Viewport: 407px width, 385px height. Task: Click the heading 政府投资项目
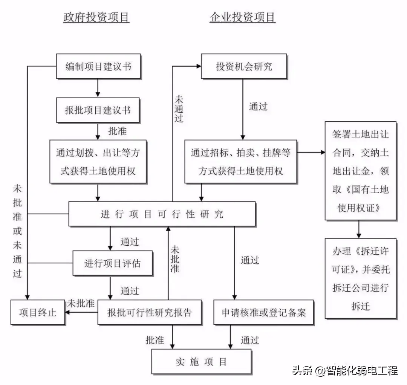(x=96, y=17)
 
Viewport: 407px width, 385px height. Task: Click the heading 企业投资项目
(x=242, y=17)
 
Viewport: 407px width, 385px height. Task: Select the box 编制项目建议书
(x=98, y=66)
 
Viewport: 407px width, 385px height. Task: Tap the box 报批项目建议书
(x=98, y=110)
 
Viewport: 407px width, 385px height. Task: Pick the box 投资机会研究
(x=244, y=66)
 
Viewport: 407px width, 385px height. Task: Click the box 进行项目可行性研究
(x=162, y=214)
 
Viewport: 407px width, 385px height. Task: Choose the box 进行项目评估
(x=112, y=263)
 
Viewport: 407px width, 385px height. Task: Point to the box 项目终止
(x=38, y=312)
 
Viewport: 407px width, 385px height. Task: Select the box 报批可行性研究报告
(x=150, y=312)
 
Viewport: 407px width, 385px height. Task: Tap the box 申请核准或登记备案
(x=263, y=312)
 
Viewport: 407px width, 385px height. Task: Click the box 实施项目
(x=201, y=362)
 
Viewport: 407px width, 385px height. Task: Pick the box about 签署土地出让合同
(x=360, y=171)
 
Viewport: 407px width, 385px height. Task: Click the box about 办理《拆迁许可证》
(x=360, y=278)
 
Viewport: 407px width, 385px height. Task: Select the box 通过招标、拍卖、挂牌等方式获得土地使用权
(x=240, y=162)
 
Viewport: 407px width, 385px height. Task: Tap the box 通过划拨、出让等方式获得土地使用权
(x=98, y=162)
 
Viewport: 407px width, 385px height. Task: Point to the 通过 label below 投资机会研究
(x=258, y=107)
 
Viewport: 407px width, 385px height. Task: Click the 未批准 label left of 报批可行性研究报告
(x=81, y=304)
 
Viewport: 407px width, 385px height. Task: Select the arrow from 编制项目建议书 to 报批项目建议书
(x=98, y=88)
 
